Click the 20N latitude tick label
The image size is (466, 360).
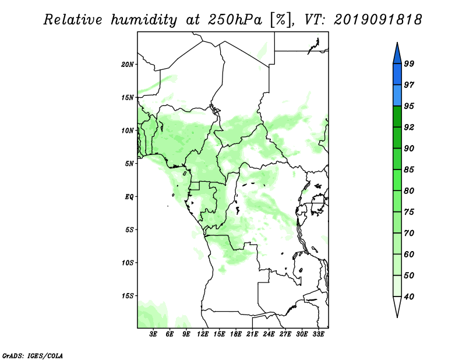128,65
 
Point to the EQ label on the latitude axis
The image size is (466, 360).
129,197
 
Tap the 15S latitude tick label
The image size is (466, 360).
128,296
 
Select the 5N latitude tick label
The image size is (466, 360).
129,164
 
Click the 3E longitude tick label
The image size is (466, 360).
153,334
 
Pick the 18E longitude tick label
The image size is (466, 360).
236,334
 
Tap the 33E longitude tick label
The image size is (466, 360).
318,334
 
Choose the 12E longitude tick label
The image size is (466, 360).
203,334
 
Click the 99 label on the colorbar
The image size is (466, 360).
409,63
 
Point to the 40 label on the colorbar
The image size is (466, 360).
409,297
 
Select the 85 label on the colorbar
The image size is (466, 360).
409,170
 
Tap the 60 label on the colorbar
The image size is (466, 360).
409,255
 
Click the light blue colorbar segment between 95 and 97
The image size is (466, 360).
397,96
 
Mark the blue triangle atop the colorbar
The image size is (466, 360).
397,54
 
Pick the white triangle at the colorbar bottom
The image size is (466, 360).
397,307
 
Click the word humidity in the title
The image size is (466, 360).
144,20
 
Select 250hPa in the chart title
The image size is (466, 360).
235,20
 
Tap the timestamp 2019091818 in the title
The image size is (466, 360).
377,20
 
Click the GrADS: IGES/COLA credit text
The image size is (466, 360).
32,355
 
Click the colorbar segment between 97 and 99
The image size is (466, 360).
397,75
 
